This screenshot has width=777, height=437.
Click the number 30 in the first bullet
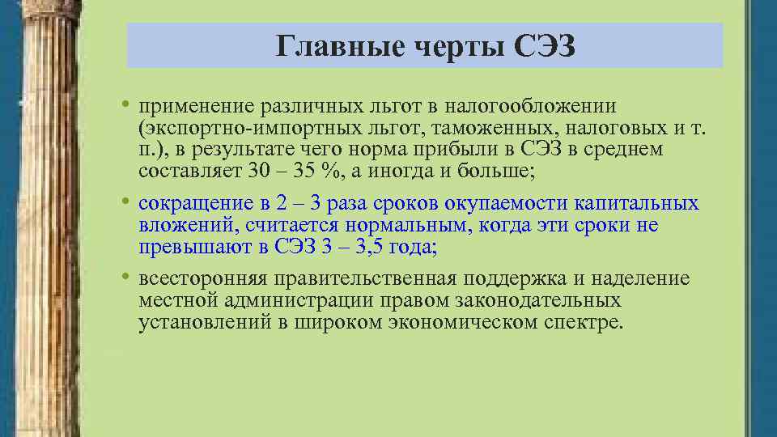click(x=261, y=170)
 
